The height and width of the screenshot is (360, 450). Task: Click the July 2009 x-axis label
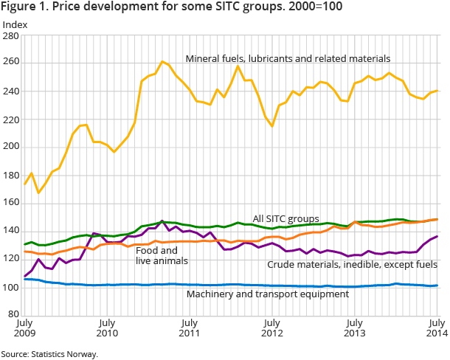[x=24, y=328]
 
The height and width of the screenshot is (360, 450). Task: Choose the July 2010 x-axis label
[x=107, y=328]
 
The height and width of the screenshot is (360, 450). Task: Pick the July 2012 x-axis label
[x=272, y=328]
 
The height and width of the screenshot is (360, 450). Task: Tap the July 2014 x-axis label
[x=437, y=328]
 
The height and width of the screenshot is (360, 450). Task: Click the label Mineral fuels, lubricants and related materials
[x=288, y=58]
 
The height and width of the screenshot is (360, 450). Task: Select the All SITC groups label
[x=287, y=219]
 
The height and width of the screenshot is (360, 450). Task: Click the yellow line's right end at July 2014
[x=437, y=91]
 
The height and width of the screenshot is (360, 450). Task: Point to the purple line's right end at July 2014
[x=437, y=236]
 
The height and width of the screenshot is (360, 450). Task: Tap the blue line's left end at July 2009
[x=25, y=279]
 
